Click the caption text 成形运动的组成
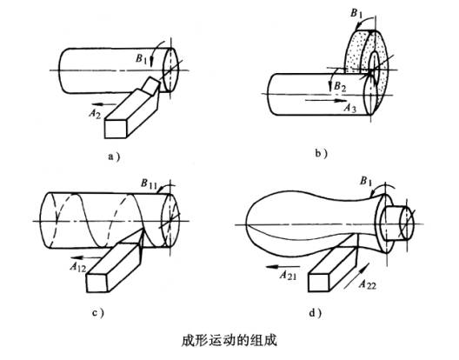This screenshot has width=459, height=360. coord(229,341)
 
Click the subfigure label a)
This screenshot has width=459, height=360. coord(114,157)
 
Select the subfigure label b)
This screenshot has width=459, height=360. coord(321,153)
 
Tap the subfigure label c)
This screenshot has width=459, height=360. coord(98,312)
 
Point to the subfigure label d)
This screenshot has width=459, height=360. coord(316,313)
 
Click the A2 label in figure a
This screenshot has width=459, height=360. coord(95,113)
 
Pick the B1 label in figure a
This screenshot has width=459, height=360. coord(142,58)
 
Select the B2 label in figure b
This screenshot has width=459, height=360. coord(340,86)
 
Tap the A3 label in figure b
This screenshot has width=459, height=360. coord(349,108)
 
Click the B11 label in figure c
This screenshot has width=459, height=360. coord(150,183)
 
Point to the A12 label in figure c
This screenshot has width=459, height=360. coord(78,267)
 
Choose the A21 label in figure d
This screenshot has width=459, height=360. coord(288,276)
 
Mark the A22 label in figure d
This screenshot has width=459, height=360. coord(368,284)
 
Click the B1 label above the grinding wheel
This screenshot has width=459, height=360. coord(356,13)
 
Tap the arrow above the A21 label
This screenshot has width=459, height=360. coord(283,267)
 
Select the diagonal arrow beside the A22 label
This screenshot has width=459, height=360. coord(356,277)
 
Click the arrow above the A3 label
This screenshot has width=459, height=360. coord(325,101)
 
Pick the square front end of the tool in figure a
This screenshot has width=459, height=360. coord(116,129)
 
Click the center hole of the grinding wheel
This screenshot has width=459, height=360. coord(374,63)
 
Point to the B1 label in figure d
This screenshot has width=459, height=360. coord(366,181)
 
